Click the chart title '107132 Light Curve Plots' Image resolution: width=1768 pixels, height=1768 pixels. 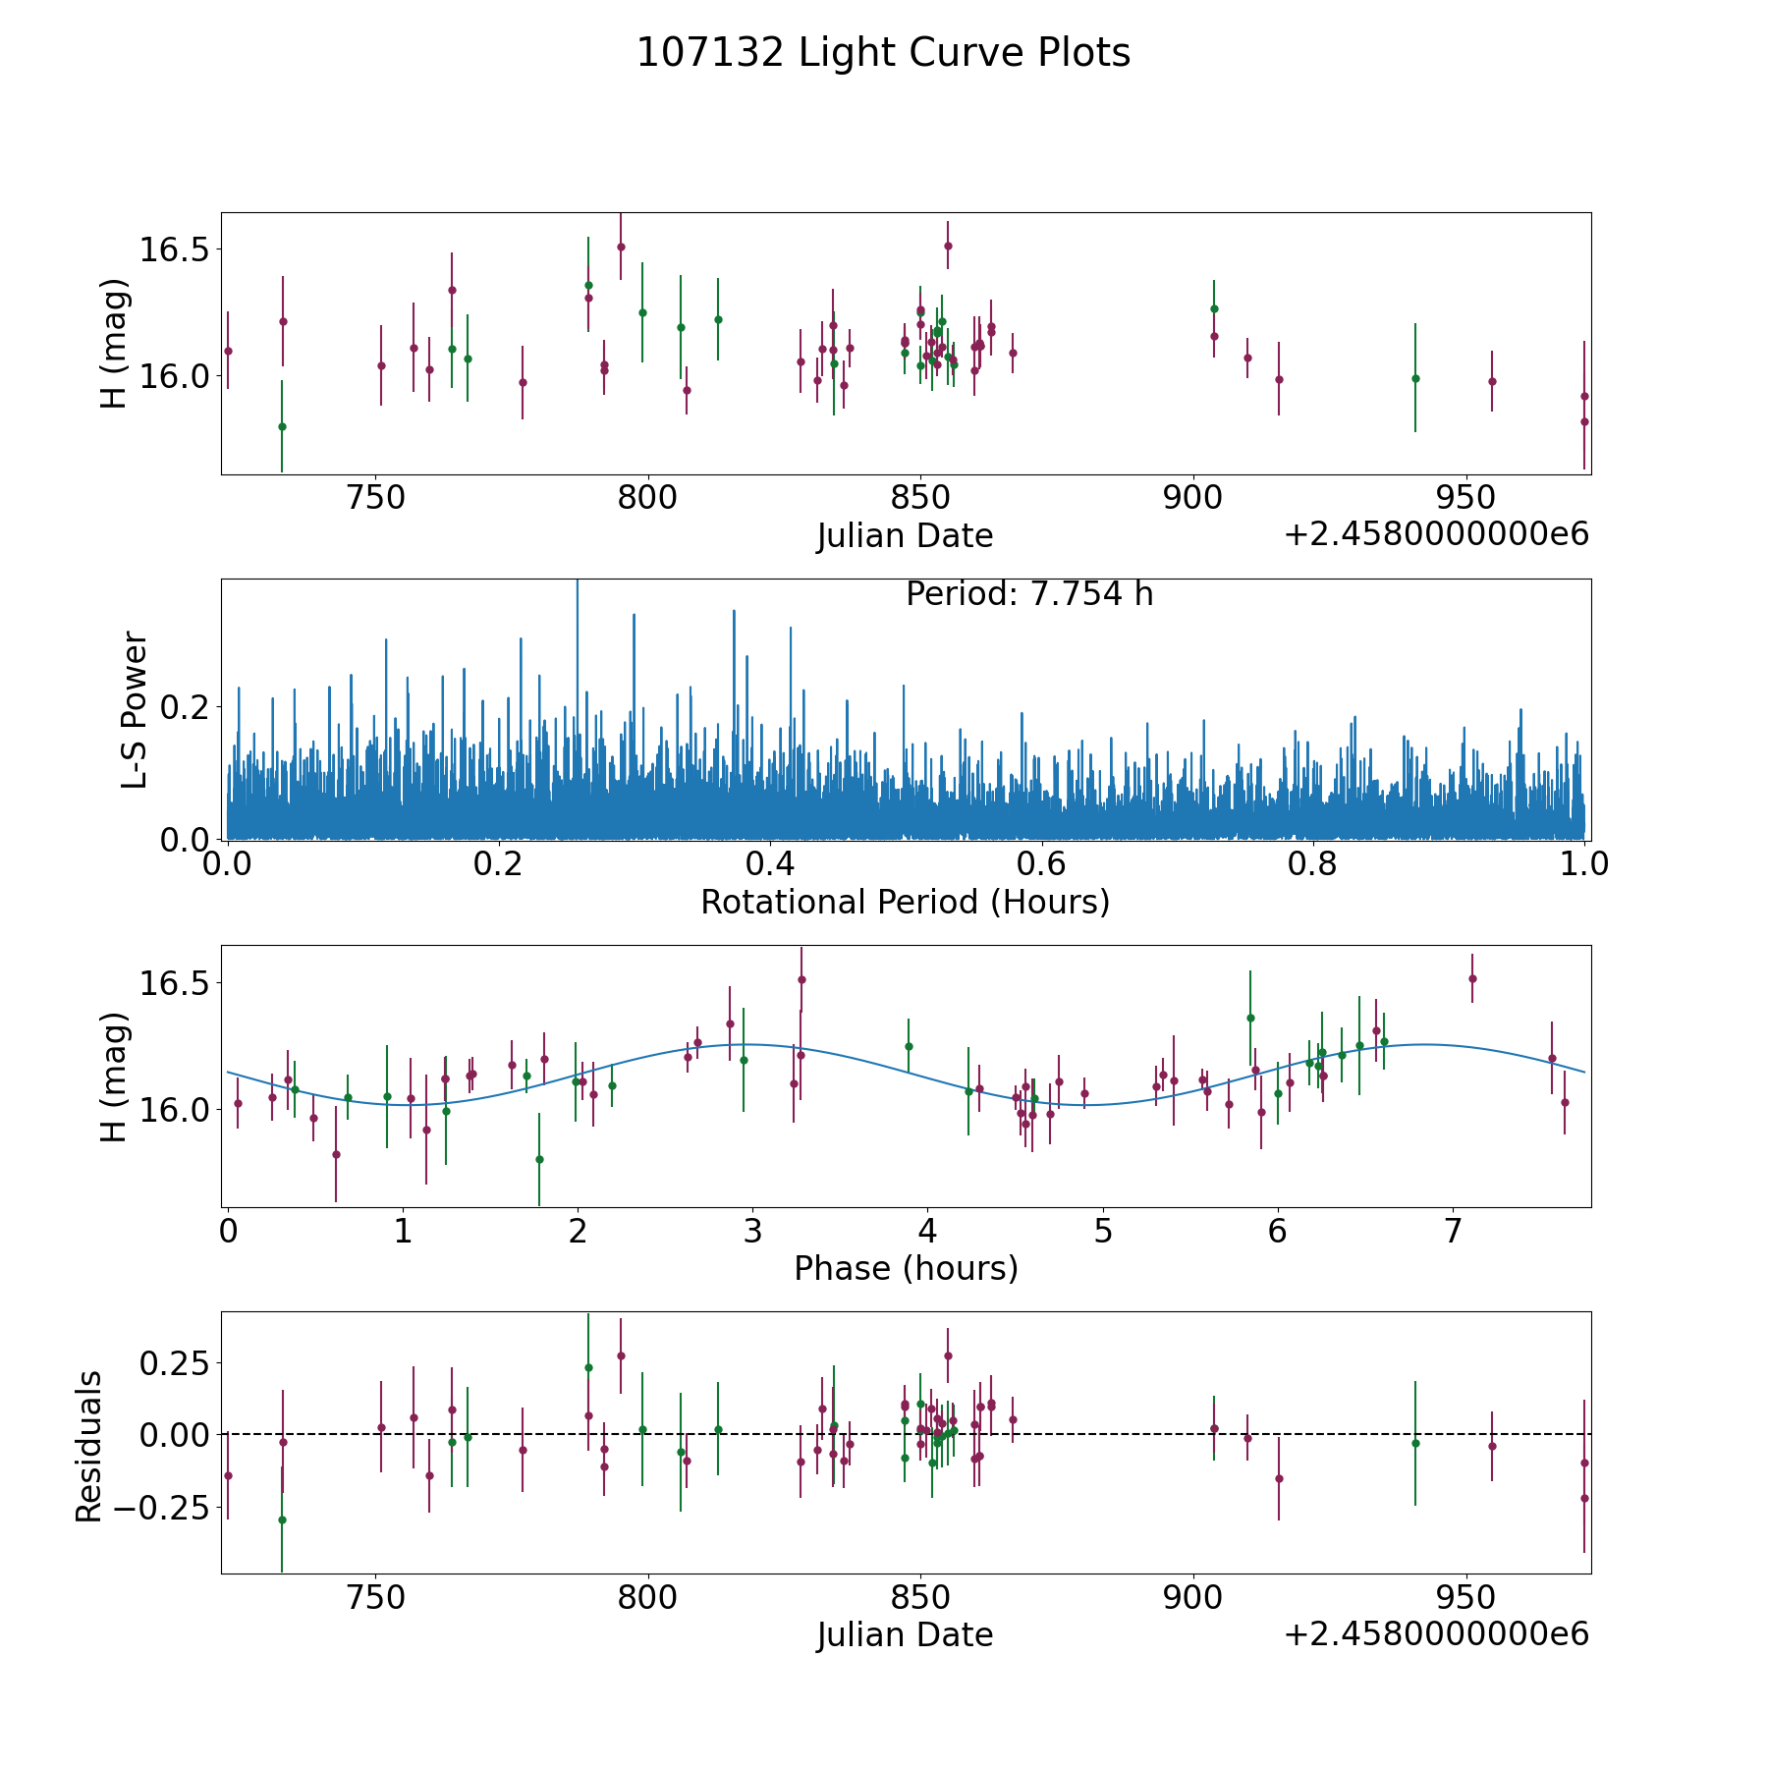point(883,53)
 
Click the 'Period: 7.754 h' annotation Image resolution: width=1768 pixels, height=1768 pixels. point(1029,594)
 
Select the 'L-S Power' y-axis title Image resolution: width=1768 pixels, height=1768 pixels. point(135,709)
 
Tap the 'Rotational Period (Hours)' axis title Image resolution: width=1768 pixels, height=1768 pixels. point(905,902)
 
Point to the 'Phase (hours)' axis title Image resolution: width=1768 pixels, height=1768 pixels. point(906,1268)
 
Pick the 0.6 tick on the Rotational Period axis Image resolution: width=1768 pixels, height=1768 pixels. point(1041,865)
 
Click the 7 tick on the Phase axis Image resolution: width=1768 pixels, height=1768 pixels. point(1452,1232)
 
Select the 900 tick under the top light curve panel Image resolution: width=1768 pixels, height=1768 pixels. point(1192,499)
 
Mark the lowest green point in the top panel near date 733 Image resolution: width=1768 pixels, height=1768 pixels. point(282,426)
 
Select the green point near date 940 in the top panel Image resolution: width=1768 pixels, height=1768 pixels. point(1415,378)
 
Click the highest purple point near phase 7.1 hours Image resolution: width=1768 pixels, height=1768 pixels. point(1472,978)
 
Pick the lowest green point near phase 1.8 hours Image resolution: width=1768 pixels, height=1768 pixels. point(539,1159)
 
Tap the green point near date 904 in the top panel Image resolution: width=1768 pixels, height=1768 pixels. point(1214,308)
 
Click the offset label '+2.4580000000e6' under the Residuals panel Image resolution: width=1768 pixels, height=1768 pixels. point(1436,1634)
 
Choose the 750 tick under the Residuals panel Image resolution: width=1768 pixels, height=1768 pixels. point(377,1598)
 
